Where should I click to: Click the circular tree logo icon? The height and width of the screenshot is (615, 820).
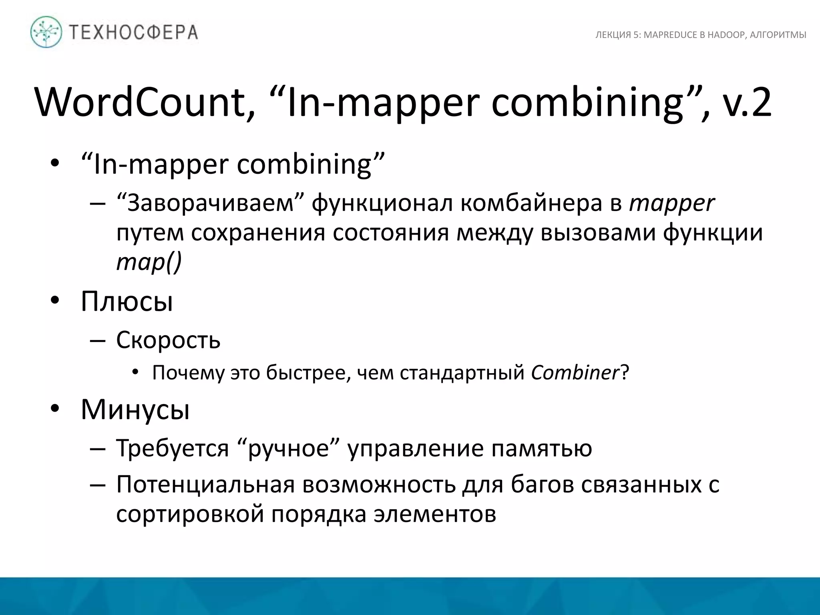coord(46,32)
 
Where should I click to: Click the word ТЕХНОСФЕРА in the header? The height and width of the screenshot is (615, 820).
coord(134,32)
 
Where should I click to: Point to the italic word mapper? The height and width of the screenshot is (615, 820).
coord(671,203)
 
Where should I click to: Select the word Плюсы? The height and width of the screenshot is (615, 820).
coord(127,301)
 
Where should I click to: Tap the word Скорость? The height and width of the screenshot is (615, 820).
coord(168,340)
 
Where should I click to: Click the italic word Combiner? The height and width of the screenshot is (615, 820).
coord(575,373)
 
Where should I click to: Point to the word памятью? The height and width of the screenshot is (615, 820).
coord(542,448)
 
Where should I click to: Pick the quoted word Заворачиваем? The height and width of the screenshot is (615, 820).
coord(211,203)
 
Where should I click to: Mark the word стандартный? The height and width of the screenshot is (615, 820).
coord(462,373)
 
